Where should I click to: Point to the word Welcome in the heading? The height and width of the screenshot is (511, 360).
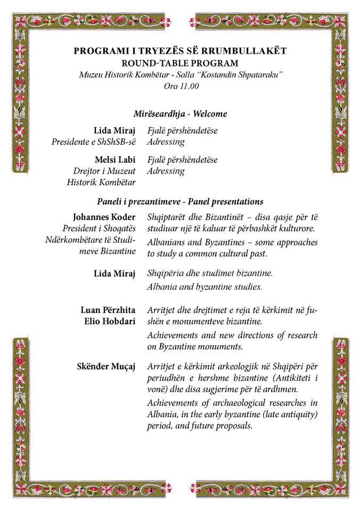(210, 114)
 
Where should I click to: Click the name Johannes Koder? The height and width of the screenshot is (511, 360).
(104, 217)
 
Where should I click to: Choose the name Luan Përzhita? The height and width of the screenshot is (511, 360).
(108, 310)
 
